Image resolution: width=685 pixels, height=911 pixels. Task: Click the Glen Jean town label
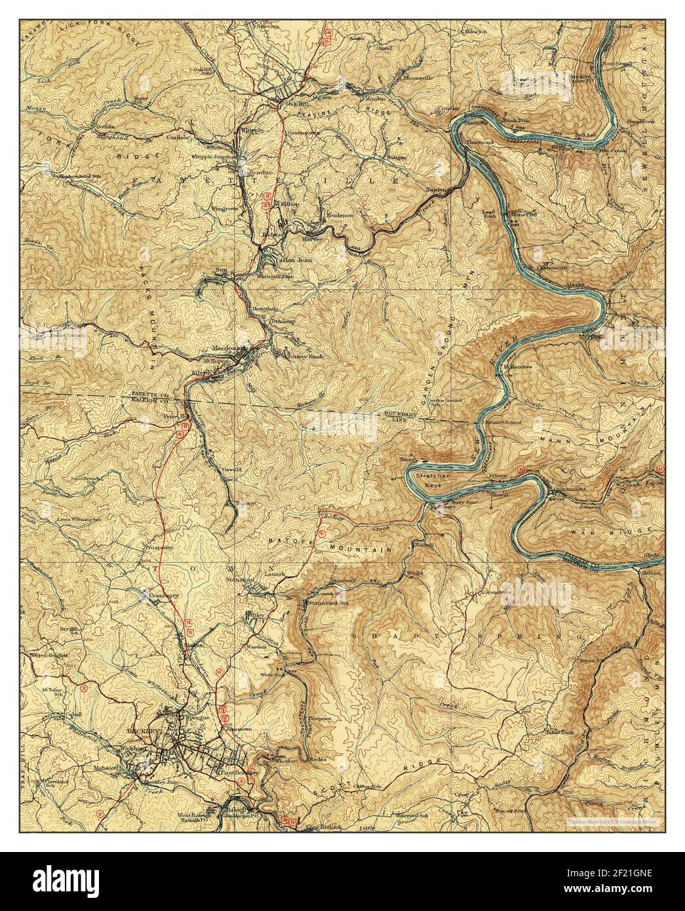pos(297,260)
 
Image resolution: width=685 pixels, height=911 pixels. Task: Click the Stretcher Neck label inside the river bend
pos(432,478)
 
